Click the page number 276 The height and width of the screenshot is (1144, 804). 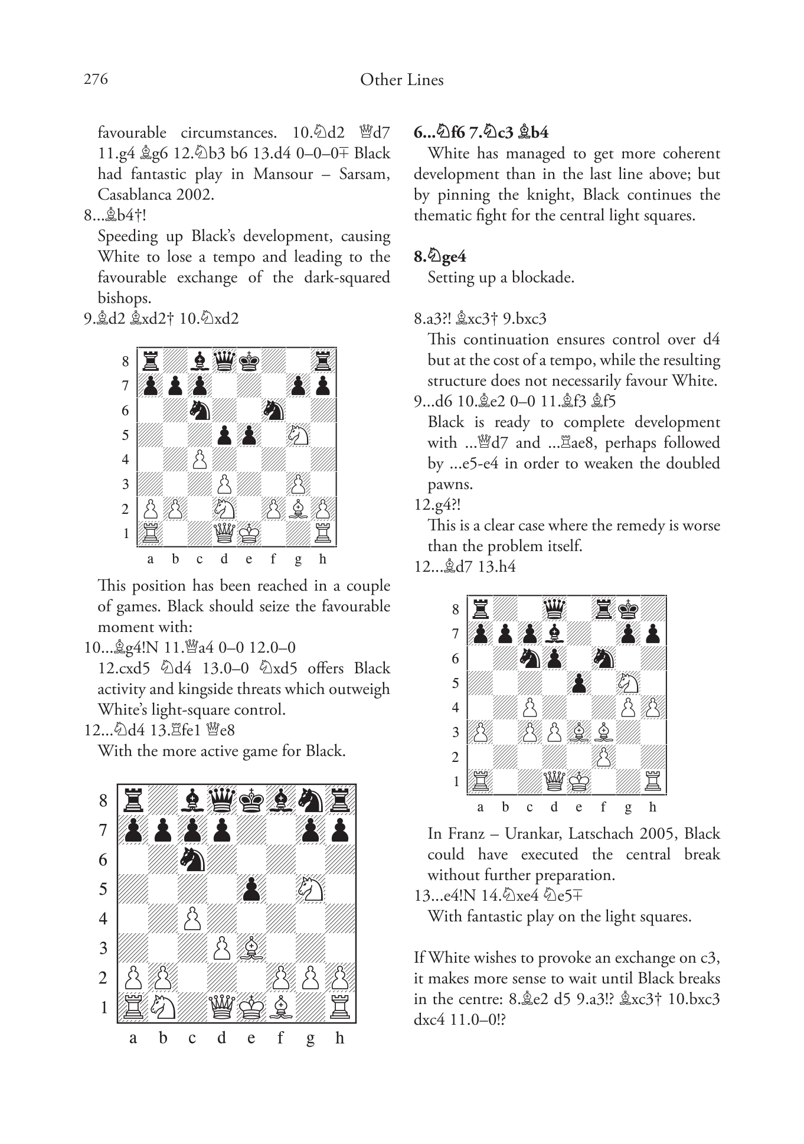pos(96,80)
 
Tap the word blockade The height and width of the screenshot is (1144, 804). pos(547,277)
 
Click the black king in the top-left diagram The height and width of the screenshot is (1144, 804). pos(249,360)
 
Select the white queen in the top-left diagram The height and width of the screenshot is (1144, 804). pos(224,533)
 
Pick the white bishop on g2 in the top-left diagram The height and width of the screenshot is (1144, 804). pos(299,509)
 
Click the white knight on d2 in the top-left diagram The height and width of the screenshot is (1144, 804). pos(224,509)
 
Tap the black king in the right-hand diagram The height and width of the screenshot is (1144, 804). pos(629,608)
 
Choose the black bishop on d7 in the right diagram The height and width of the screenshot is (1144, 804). pos(554,633)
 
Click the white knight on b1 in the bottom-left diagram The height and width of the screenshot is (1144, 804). pos(162,1007)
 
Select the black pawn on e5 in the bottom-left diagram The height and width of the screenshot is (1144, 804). pos(251,889)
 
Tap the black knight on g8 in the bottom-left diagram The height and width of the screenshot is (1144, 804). pos(311,800)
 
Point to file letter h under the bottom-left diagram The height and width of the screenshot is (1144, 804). pos(339,1038)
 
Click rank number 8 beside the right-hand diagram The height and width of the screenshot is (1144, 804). pos(455,609)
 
